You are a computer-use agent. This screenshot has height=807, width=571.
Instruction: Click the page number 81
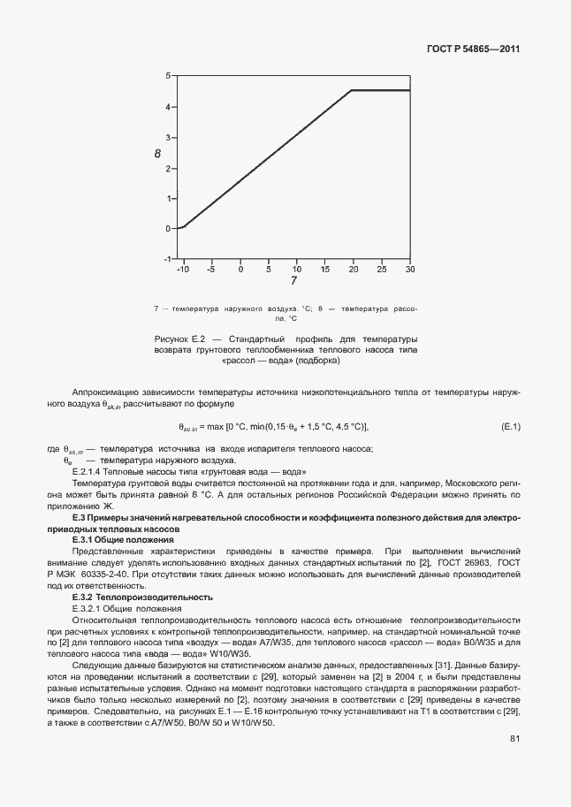point(514,763)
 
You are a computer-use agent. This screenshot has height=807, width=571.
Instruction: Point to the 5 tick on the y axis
point(168,76)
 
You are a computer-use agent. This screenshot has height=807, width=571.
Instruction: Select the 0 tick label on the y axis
point(168,228)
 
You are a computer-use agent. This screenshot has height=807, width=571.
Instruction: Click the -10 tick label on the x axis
point(184,269)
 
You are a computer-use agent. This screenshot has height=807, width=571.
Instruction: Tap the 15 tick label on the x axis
point(325,269)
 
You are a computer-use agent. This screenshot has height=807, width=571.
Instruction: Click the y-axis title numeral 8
point(157,154)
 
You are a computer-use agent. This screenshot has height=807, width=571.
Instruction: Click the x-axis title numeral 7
point(294,282)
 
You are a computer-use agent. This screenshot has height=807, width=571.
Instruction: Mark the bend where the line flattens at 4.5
point(352,90)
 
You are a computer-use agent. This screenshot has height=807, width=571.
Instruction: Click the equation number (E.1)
point(511,427)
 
